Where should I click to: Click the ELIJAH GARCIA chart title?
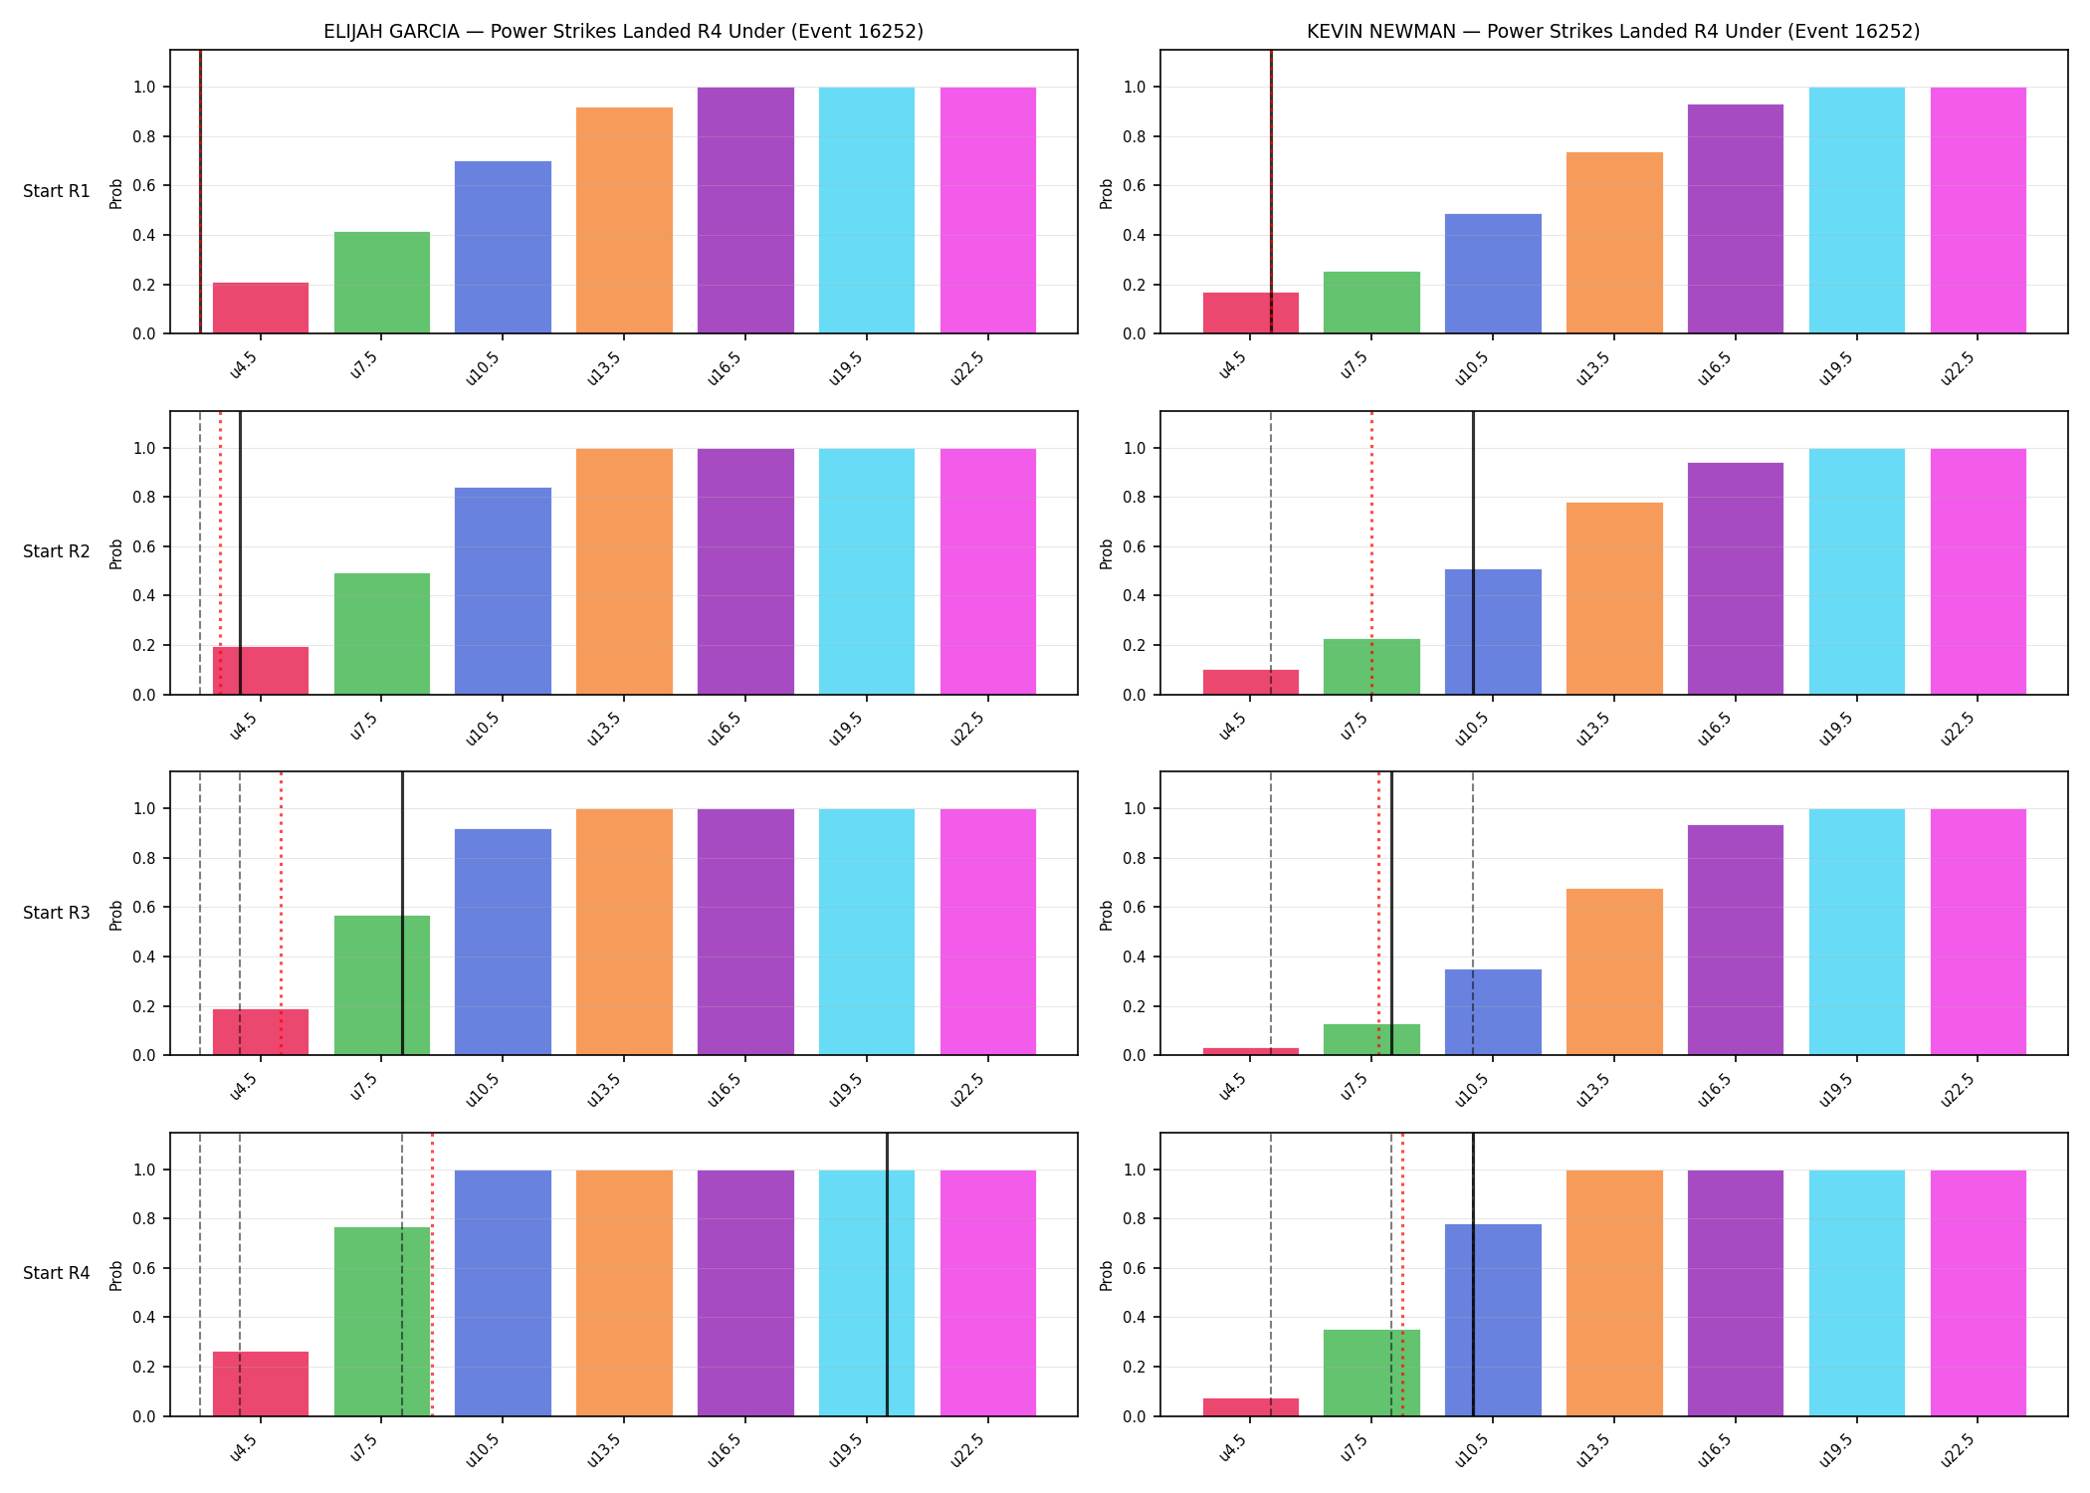click(623, 31)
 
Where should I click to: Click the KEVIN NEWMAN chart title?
click(1613, 31)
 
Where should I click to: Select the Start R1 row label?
click(57, 191)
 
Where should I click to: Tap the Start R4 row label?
click(57, 1273)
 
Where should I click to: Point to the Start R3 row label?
click(57, 913)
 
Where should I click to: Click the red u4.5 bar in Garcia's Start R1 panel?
click(261, 309)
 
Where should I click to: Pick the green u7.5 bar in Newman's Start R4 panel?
click(1371, 1373)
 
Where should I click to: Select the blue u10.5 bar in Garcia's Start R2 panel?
click(503, 591)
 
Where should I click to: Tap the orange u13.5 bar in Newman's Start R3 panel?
click(1614, 971)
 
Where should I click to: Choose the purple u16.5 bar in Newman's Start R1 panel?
click(1736, 219)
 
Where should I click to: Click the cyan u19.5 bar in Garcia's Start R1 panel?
click(867, 210)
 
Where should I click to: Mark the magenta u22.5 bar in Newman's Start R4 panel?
click(1979, 1293)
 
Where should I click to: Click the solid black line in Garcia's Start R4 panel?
click(887, 1274)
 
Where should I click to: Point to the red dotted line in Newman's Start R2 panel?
click(1371, 552)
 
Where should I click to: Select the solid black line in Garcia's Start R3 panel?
click(402, 913)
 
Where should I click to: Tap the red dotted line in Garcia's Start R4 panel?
click(432, 1274)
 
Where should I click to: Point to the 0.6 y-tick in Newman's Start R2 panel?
click(1136, 546)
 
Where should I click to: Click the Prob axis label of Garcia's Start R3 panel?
click(116, 915)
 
